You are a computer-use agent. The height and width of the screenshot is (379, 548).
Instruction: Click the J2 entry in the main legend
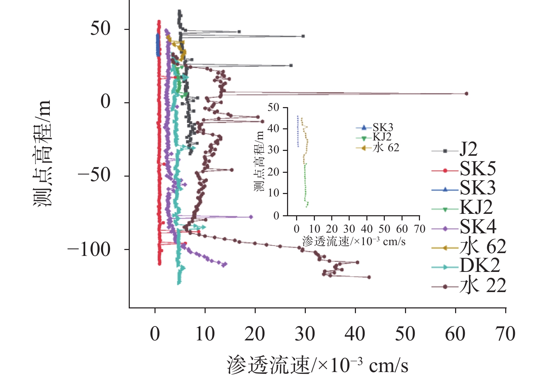coord(468,150)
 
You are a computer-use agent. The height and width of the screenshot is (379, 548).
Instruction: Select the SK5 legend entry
coord(477,169)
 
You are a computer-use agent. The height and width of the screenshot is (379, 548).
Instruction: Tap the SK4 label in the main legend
coord(477,227)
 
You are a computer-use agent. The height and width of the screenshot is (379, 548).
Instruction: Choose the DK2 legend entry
coord(479,266)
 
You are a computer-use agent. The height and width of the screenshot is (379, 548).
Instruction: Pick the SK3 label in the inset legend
coord(383,128)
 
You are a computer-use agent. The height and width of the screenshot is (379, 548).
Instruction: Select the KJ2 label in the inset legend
coord(382,137)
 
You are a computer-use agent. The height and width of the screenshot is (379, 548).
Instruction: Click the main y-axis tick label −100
coord(89,250)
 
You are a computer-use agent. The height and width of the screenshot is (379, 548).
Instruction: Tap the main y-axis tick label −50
coord(94,176)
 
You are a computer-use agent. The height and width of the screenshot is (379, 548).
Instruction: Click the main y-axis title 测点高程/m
coord(42,153)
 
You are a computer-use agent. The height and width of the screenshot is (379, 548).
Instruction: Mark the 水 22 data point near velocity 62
coord(466,94)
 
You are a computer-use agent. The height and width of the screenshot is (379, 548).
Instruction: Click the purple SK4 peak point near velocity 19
coord(251,217)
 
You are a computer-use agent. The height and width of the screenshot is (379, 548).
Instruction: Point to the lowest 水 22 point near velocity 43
coord(369,277)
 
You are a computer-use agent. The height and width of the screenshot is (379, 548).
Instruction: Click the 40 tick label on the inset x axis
coord(367,229)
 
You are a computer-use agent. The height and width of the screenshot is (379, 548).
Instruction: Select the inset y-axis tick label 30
coord(273,150)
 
